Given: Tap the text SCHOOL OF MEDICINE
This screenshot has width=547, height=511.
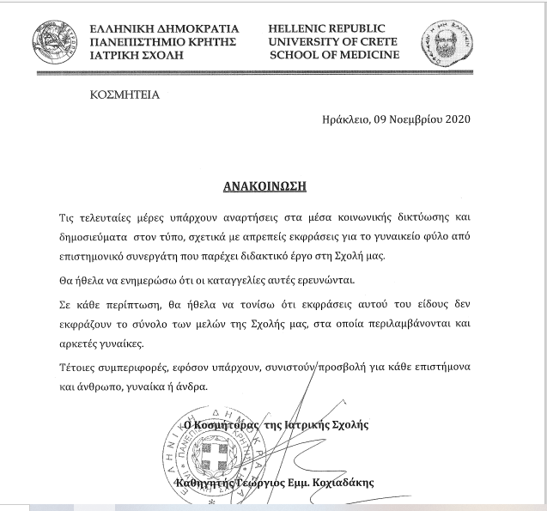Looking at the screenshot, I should (x=334, y=55).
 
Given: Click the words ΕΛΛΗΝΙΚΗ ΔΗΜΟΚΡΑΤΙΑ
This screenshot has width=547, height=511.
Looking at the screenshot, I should (x=164, y=28).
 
